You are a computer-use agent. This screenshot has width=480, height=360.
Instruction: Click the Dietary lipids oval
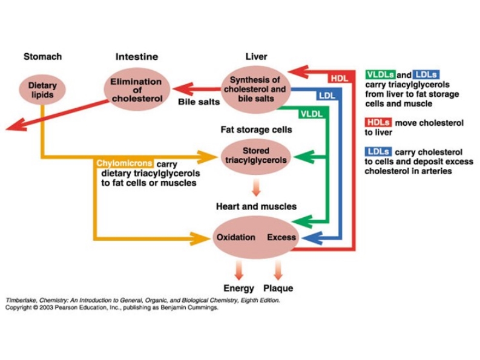pyautogui.click(x=42, y=90)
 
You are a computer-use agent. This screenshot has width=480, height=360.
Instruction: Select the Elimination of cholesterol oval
pyautogui.click(x=137, y=90)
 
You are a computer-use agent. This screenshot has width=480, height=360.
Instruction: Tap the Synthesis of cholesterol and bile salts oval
pyautogui.click(x=255, y=89)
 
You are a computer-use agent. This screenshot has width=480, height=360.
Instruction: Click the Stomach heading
pyautogui.click(x=42, y=57)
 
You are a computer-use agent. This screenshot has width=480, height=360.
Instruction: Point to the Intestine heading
pyautogui.click(x=137, y=57)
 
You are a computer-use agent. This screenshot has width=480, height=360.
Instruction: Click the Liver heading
pyautogui.click(x=256, y=57)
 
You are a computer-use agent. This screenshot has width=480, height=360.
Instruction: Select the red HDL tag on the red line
pyautogui.click(x=340, y=79)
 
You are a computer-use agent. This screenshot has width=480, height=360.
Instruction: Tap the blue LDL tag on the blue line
pyautogui.click(x=327, y=96)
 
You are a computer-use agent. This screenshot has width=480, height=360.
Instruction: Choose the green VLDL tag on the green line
pyautogui.click(x=311, y=114)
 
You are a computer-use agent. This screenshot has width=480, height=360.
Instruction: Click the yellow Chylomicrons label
pyautogui.click(x=124, y=163)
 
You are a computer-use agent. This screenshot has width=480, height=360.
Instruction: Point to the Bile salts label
pyautogui.click(x=199, y=102)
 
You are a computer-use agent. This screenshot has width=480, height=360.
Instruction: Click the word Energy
pyautogui.click(x=238, y=289)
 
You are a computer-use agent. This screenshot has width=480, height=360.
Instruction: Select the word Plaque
pyautogui.click(x=278, y=289)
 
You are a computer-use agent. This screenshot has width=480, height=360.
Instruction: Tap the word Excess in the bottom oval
pyautogui.click(x=281, y=237)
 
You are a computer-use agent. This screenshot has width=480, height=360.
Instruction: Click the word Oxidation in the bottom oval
pyautogui.click(x=235, y=237)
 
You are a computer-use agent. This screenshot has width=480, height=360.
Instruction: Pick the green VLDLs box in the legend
pyautogui.click(x=381, y=74)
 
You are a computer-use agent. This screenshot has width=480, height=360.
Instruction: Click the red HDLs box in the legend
pyautogui.click(x=378, y=122)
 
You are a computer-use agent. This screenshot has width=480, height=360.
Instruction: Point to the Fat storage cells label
pyautogui.click(x=256, y=130)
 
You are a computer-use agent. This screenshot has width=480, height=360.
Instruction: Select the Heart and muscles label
pyautogui.click(x=256, y=207)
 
